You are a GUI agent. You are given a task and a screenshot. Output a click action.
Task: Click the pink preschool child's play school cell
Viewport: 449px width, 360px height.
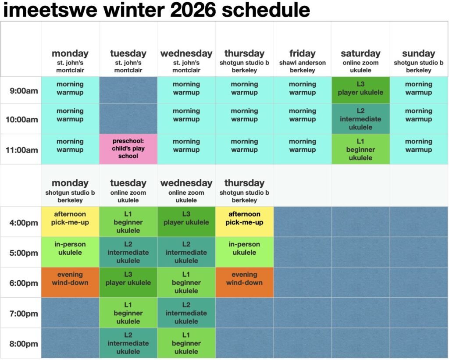[x=128, y=149]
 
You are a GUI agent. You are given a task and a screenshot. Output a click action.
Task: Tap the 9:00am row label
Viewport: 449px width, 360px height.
[x=24, y=91]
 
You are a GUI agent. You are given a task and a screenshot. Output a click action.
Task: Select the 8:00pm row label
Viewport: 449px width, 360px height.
[x=24, y=344]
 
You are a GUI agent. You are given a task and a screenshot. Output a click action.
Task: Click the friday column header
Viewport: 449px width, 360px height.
[x=303, y=53]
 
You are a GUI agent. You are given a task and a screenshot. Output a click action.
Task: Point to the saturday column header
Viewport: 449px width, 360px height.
[x=360, y=53]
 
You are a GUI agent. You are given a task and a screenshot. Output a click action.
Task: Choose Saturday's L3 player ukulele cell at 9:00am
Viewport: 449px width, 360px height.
[x=360, y=90]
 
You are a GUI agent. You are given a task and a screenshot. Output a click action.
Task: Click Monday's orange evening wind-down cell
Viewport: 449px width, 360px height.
[x=70, y=282]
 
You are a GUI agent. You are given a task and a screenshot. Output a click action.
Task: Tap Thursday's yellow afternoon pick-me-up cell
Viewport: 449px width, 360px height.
[x=244, y=222]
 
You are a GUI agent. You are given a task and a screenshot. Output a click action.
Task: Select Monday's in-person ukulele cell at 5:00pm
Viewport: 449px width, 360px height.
[x=70, y=252]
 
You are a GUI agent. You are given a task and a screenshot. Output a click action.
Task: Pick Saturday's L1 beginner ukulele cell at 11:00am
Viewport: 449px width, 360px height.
[x=360, y=149]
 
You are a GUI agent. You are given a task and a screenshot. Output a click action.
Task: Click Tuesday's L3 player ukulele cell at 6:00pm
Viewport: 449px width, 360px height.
[x=128, y=282]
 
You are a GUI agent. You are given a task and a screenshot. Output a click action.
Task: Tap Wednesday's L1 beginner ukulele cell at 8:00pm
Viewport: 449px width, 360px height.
[x=186, y=343]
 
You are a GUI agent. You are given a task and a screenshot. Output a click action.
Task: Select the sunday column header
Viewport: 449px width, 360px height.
[x=418, y=53]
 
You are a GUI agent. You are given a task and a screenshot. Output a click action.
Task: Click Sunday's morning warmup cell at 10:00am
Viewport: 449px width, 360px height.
[x=419, y=119]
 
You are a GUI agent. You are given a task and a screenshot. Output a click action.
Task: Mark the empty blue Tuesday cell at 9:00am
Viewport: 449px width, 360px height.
[x=128, y=90]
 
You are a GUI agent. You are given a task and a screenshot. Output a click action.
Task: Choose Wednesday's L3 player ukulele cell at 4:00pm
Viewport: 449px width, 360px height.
[x=186, y=222]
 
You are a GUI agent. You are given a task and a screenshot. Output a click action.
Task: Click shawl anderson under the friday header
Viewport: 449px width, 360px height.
[x=303, y=63]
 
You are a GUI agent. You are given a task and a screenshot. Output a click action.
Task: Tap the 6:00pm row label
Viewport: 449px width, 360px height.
[x=24, y=283]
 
